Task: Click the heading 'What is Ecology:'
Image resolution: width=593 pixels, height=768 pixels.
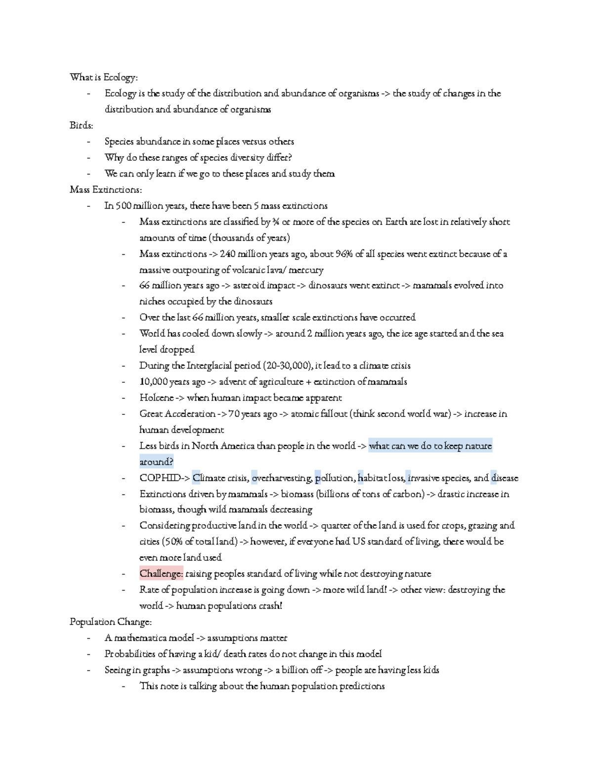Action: [x=104, y=78]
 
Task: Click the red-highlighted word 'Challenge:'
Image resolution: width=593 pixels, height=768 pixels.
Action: [x=161, y=574]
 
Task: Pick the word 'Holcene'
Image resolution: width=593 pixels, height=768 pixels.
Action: [x=157, y=398]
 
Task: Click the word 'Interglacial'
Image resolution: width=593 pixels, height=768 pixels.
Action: [x=211, y=366]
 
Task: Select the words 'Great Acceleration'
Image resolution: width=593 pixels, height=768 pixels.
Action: [x=177, y=414]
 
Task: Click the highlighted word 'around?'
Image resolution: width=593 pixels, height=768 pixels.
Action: [x=156, y=462]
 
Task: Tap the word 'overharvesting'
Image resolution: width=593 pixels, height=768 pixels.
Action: [x=282, y=478]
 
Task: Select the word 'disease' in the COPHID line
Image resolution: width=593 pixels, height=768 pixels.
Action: [x=505, y=478]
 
